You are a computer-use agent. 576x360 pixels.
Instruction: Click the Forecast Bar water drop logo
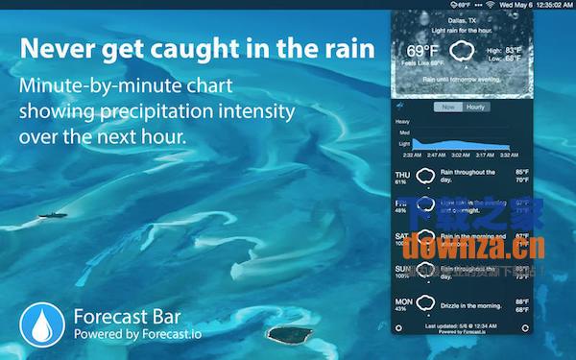pyautogui.click(x=40, y=324)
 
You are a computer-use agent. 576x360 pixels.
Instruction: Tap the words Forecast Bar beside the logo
pyautogui.click(x=127, y=315)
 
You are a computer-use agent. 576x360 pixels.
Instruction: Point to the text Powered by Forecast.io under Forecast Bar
pyautogui.click(x=136, y=335)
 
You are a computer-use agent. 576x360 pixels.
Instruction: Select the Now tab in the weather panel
pyautogui.click(x=448, y=108)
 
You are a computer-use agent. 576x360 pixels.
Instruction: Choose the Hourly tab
pyautogui.click(x=475, y=108)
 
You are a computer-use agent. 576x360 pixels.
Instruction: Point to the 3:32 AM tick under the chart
pyautogui.click(x=509, y=154)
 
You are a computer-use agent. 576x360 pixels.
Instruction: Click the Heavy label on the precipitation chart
pyautogui.click(x=402, y=122)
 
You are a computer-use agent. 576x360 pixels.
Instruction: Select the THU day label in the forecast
pyautogui.click(x=403, y=175)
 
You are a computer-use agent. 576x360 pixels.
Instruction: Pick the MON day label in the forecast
pyautogui.click(x=403, y=300)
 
